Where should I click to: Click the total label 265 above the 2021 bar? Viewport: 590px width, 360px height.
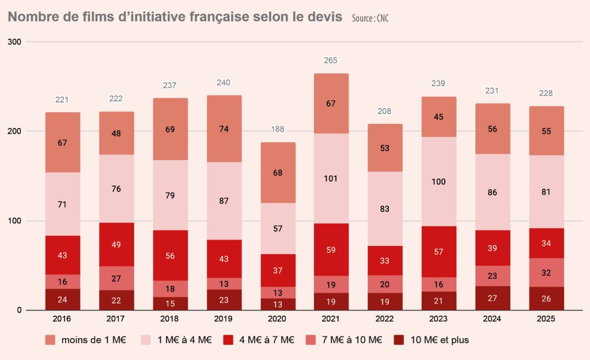331,60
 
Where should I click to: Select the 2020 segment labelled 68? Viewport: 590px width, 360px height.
277,173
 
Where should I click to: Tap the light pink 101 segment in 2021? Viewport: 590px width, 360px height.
331,178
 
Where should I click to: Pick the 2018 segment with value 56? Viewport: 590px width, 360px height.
170,255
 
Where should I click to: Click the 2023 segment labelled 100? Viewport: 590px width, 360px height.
438,181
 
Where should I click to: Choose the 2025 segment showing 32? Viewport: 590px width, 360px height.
546,273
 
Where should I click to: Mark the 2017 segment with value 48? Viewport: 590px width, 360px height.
116,133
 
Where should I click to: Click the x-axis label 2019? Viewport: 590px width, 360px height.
224,319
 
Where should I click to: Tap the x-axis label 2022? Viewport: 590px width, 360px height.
384,319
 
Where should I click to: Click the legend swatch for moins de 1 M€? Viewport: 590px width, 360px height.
50,340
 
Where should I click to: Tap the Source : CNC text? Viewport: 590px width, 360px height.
370,18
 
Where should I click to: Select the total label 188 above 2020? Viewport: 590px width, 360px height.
277,130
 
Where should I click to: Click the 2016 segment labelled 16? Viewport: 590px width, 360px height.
63,282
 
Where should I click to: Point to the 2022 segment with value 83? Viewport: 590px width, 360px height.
384,209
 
